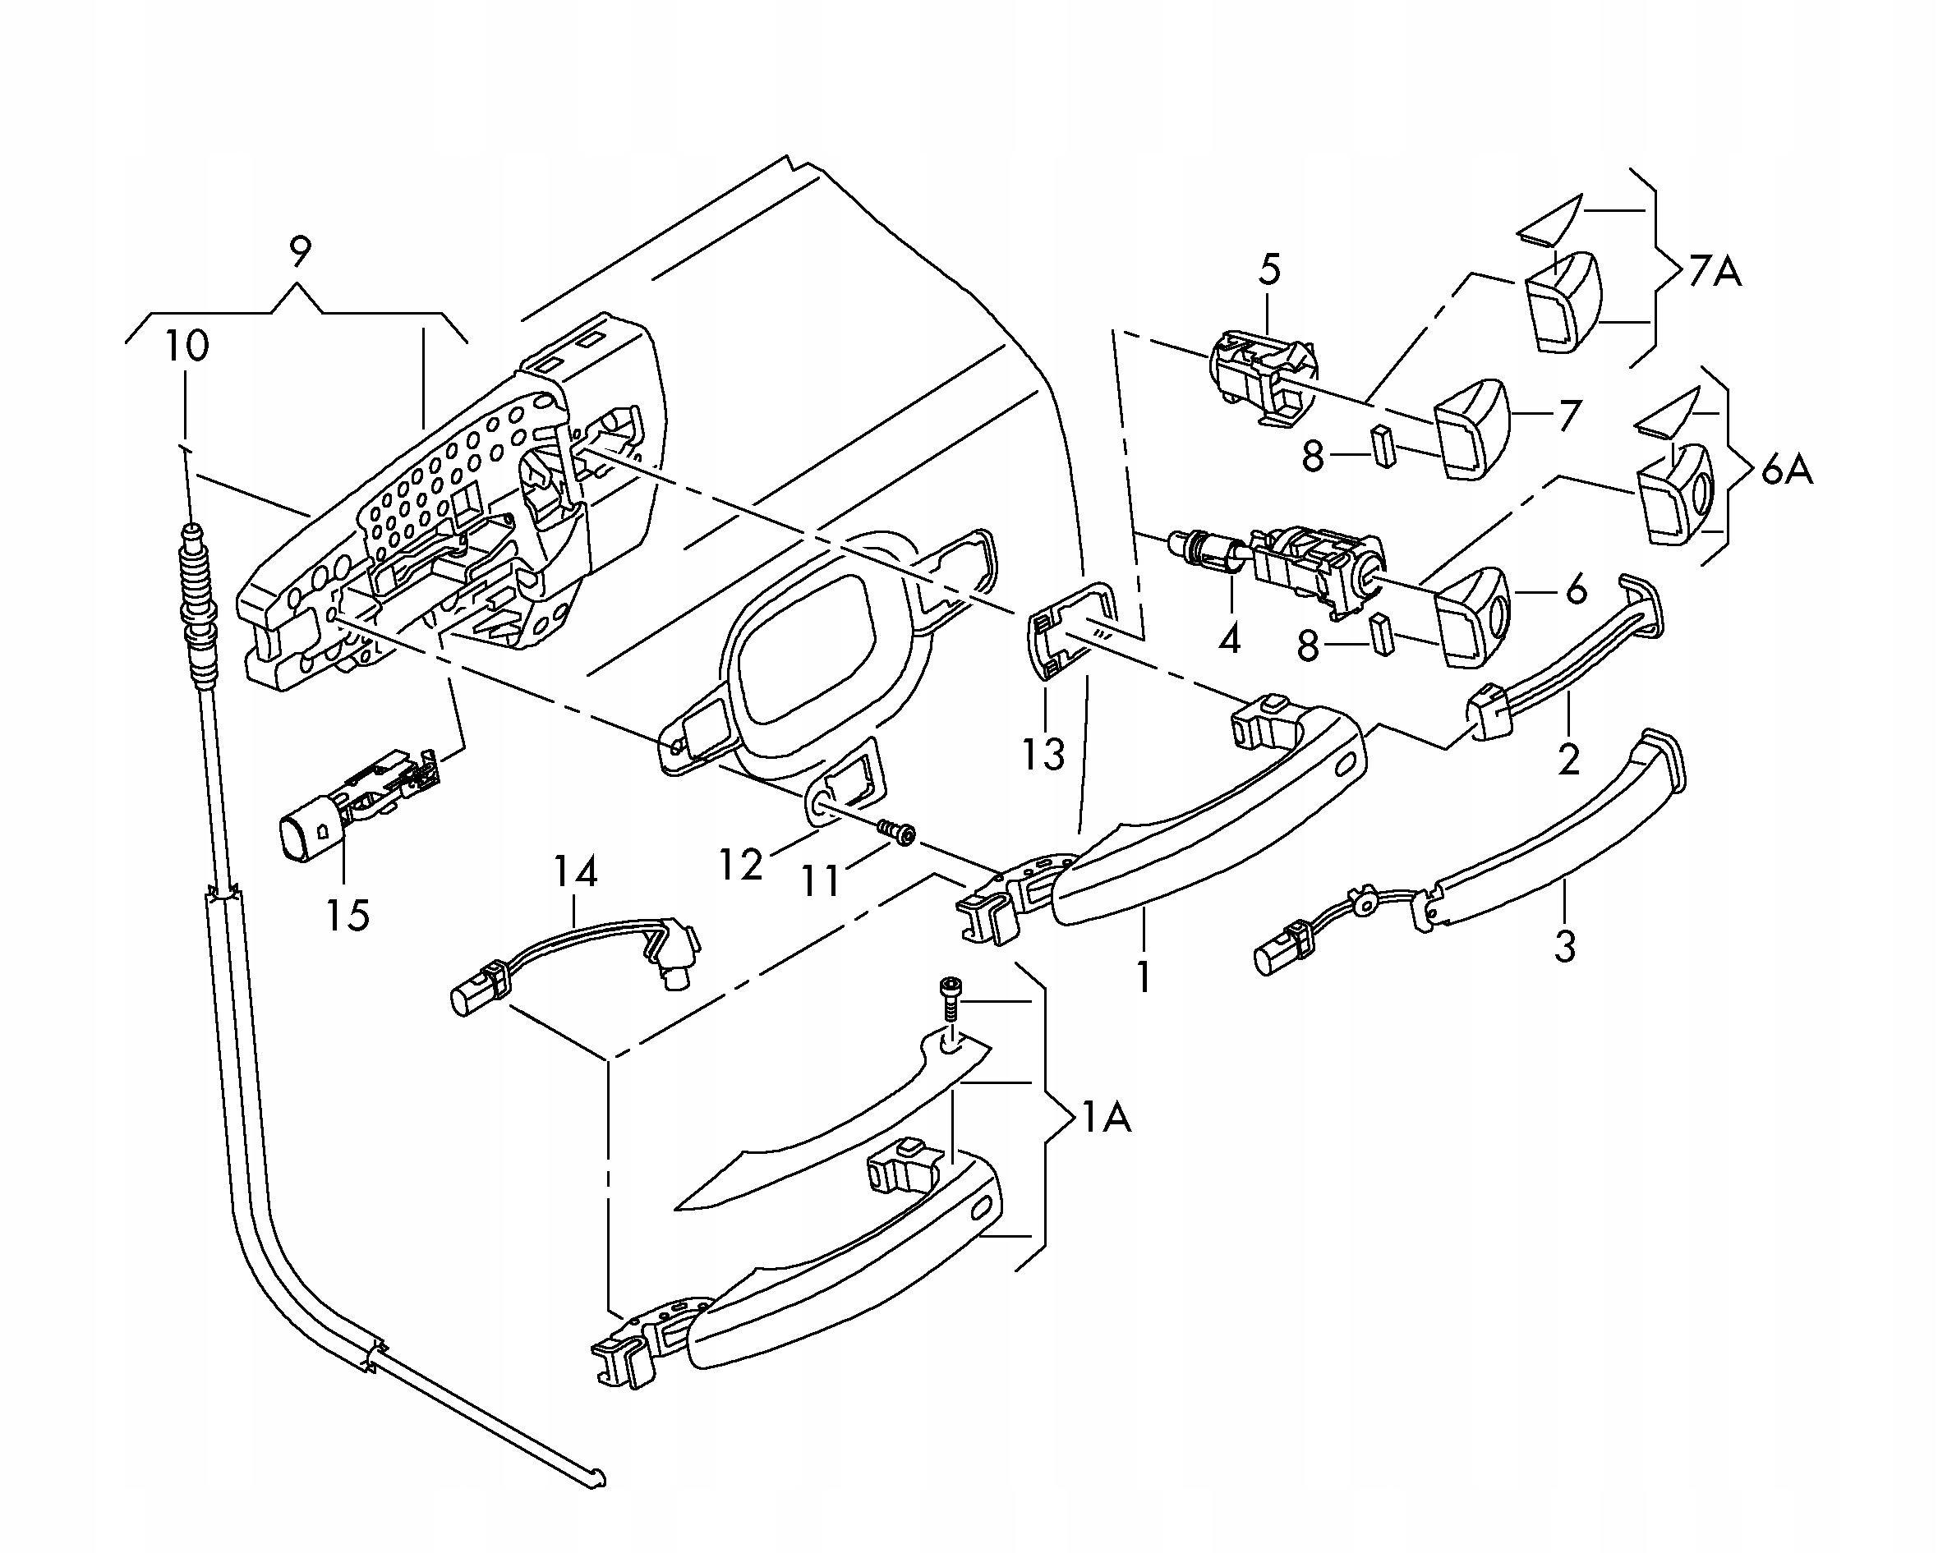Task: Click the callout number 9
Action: click(299, 251)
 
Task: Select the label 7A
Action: click(1715, 270)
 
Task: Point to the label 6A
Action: click(1786, 470)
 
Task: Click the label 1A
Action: click(1106, 1118)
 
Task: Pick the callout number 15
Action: click(348, 915)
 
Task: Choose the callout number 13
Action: click(1043, 754)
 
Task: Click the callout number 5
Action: click(1269, 269)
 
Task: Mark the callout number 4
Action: click(1229, 639)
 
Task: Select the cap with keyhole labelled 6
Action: click(1474, 618)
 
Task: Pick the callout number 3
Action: click(1565, 946)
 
